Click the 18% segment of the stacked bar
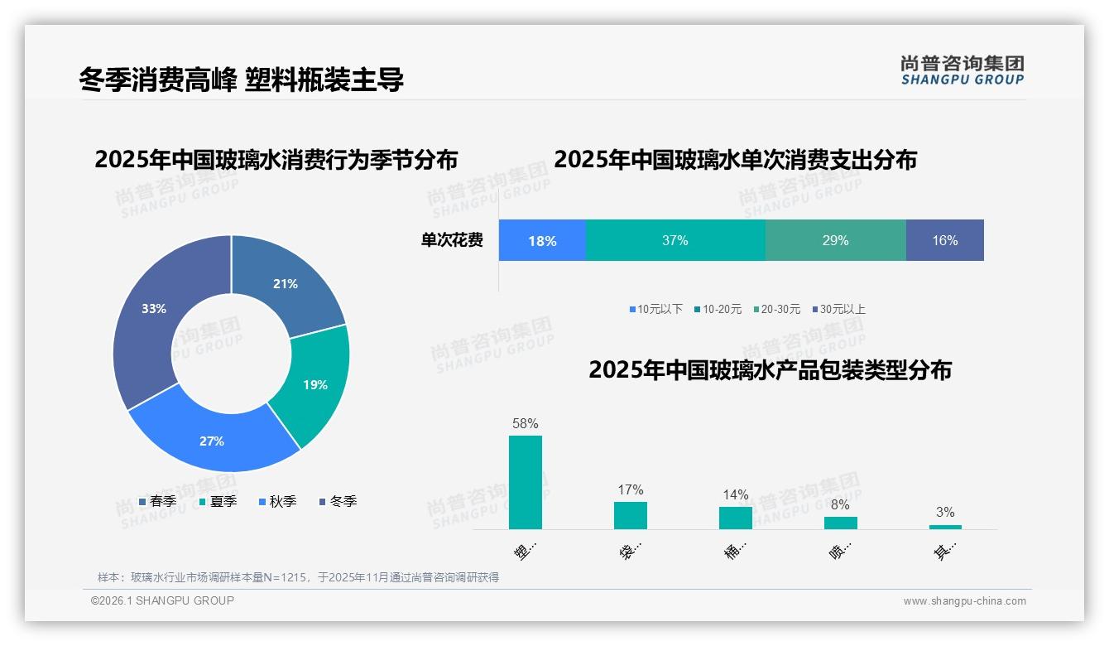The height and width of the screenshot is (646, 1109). [542, 240]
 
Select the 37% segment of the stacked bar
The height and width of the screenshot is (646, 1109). [675, 240]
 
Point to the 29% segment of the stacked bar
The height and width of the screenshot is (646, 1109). [835, 240]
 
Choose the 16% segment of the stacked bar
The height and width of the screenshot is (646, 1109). [944, 240]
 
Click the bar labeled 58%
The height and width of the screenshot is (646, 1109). [526, 482]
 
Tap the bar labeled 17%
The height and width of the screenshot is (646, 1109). [631, 515]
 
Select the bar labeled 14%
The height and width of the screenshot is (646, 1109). [736, 518]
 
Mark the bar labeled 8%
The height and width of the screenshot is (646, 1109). [841, 523]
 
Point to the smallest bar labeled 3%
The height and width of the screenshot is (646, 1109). [945, 527]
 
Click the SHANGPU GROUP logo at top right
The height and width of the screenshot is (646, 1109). [962, 70]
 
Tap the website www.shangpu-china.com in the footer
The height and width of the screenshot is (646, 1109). [964, 601]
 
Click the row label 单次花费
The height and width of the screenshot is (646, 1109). [452, 240]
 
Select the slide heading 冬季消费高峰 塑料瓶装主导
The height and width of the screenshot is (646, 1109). [242, 80]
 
